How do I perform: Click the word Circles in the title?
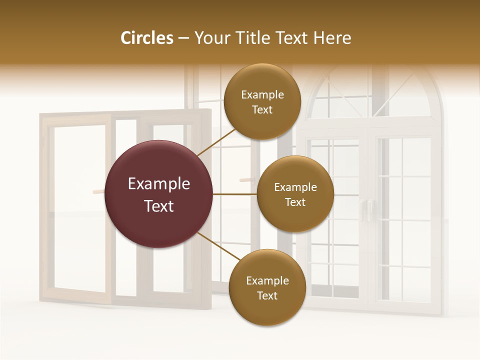[146, 38]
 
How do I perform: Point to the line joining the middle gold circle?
[234, 194]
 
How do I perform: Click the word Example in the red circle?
[159, 184]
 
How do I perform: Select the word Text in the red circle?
[159, 206]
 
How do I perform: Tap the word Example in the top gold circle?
[262, 95]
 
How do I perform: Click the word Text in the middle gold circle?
[295, 202]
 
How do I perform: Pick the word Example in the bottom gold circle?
[267, 281]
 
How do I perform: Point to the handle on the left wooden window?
[98, 191]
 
